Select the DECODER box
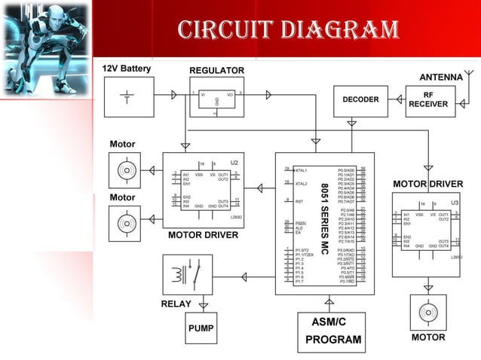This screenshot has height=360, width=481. pos(360,99)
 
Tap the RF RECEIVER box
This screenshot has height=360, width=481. pos(428,100)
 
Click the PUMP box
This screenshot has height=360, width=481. pos(201,328)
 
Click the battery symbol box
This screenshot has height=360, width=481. pos(126,96)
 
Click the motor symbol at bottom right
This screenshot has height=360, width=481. pos(427,311)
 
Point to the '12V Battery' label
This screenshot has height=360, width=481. pos(127,69)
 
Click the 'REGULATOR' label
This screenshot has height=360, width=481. pos(216,71)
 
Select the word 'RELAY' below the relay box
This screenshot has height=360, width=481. pos(176,304)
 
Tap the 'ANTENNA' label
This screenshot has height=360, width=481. pos(440,77)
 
